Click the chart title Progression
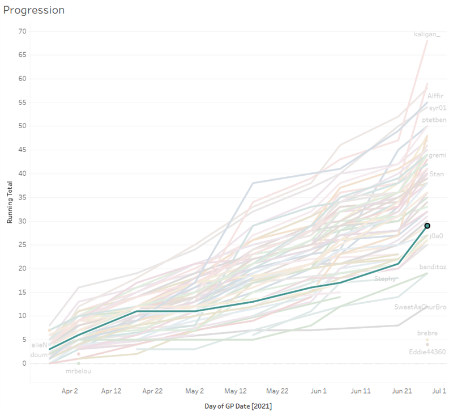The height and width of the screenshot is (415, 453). pyautogui.click(x=34, y=10)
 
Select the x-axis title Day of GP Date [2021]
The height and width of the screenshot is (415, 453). pyautogui.click(x=238, y=406)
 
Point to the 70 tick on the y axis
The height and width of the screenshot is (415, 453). pyautogui.click(x=22, y=31)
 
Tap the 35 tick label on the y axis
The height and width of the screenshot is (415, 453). pyautogui.click(x=22, y=197)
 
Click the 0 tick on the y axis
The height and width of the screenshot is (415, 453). pyautogui.click(x=24, y=363)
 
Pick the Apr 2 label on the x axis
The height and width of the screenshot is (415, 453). pyautogui.click(x=70, y=391)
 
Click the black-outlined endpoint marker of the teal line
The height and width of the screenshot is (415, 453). pyautogui.click(x=428, y=226)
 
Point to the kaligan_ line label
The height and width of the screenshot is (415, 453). pyautogui.click(x=430, y=35)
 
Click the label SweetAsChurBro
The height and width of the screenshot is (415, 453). pyautogui.click(x=420, y=307)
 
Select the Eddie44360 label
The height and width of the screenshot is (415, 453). pyautogui.click(x=427, y=352)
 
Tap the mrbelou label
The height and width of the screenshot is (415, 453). pyautogui.click(x=78, y=371)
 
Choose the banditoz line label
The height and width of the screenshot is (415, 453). pyautogui.click(x=433, y=266)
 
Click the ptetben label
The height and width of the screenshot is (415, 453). pyautogui.click(x=434, y=120)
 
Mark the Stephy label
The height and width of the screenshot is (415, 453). pyautogui.click(x=385, y=279)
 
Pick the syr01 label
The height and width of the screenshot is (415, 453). pyautogui.click(x=437, y=108)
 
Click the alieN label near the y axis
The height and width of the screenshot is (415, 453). pyautogui.click(x=40, y=345)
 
